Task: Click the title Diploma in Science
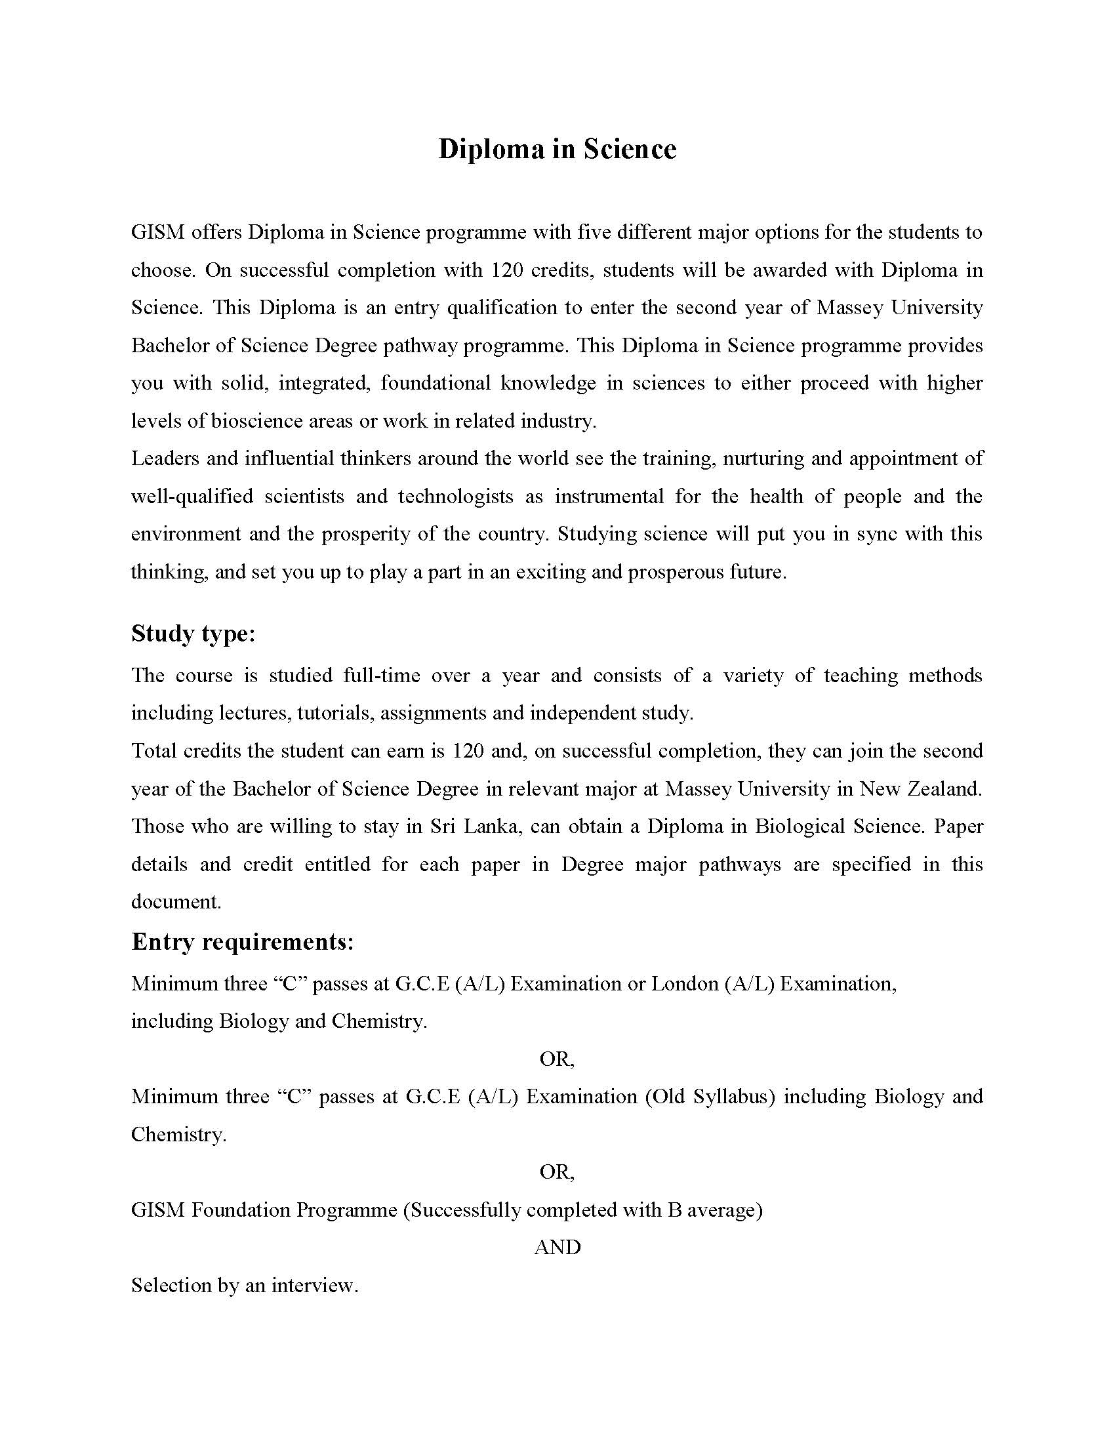[x=557, y=150]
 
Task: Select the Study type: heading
[x=193, y=634]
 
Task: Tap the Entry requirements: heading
[x=243, y=941]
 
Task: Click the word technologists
[x=455, y=497]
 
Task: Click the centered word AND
[x=557, y=1248]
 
